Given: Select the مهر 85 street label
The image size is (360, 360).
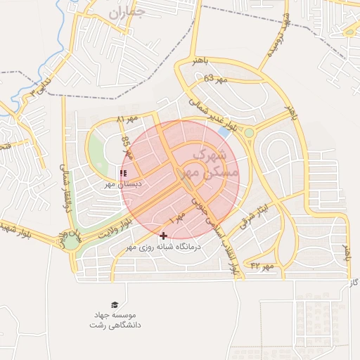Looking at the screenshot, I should (126, 149).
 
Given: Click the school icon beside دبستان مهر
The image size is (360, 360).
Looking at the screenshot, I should (124, 172).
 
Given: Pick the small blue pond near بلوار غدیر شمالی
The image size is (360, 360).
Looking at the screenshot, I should (224, 131).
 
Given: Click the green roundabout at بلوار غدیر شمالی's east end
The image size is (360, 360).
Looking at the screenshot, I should (248, 133).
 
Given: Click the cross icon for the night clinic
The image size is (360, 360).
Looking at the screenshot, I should (164, 236).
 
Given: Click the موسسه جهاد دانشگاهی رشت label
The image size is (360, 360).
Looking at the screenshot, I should (115, 321).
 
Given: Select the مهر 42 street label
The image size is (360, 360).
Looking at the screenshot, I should (261, 266).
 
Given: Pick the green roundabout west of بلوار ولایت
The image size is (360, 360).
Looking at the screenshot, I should (74, 242).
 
